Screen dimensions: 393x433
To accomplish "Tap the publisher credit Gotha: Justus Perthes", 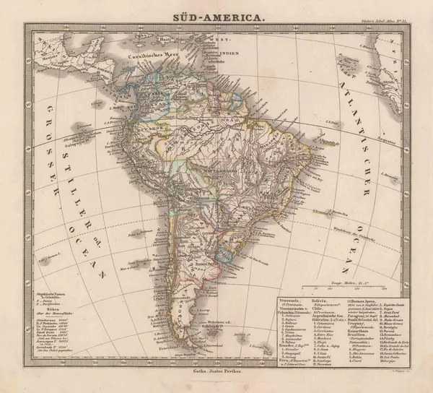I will [214, 371].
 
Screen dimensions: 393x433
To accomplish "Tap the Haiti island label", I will [201, 45].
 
